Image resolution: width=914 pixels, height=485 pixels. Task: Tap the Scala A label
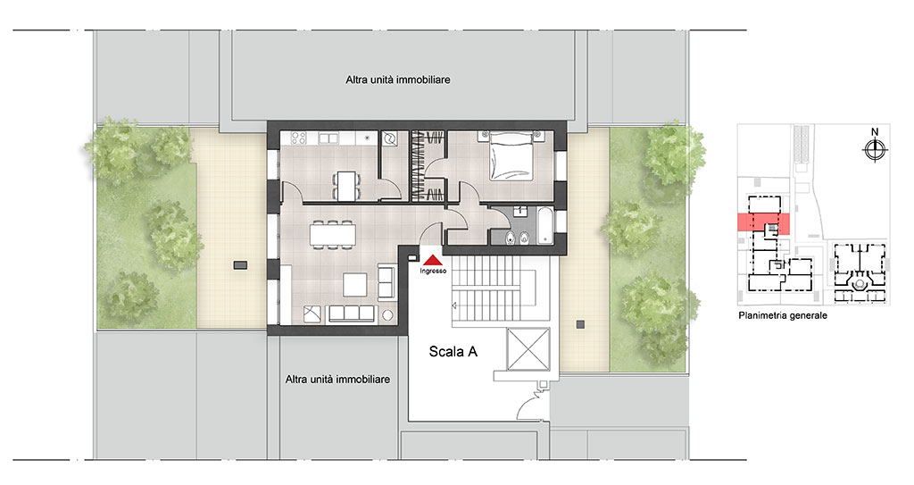[453, 351]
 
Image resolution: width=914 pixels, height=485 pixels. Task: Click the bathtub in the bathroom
[544, 226]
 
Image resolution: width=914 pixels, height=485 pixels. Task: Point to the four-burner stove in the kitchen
[299, 138]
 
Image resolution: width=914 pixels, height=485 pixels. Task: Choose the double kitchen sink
[328, 138]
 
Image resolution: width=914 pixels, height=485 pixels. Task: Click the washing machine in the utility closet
[389, 139]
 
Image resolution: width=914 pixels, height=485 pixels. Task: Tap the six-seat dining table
[332, 235]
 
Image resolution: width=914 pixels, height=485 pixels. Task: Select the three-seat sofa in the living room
[351, 314]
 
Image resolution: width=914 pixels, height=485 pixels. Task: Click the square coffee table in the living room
[355, 285]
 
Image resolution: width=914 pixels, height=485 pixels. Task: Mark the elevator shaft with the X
[528, 349]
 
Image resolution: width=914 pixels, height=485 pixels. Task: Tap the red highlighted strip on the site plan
[763, 224]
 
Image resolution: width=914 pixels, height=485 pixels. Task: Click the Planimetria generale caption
[782, 316]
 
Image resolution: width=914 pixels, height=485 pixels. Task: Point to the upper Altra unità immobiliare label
[397, 79]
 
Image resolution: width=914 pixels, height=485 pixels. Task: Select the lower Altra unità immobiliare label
[337, 380]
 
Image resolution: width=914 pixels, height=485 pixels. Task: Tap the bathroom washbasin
[521, 212]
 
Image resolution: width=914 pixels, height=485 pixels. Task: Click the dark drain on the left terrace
[240, 265]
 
